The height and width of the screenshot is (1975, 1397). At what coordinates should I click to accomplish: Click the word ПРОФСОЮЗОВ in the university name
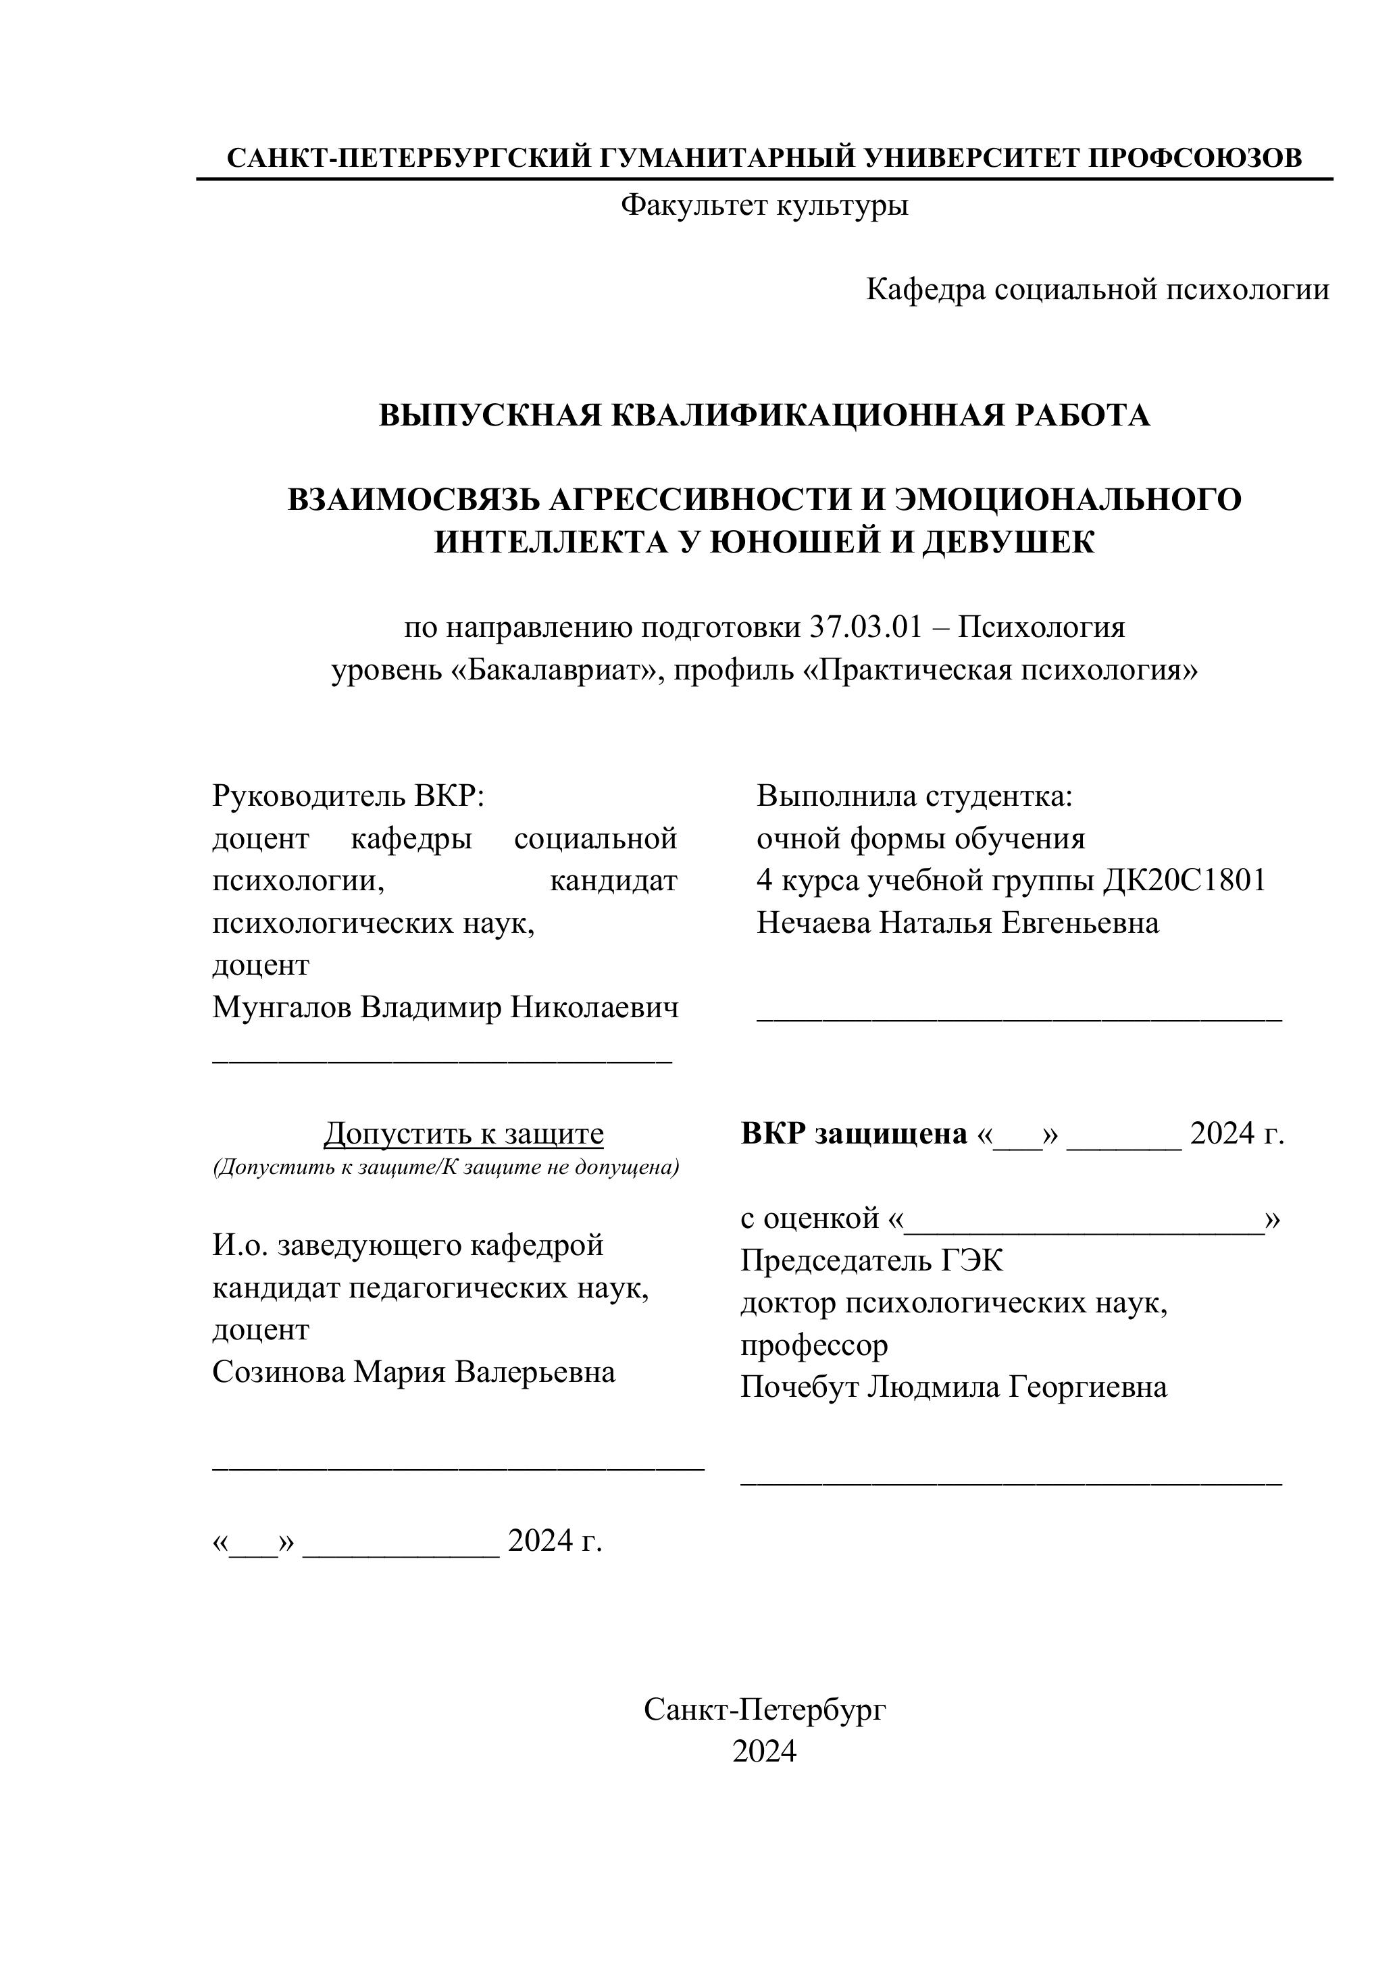coord(1195,157)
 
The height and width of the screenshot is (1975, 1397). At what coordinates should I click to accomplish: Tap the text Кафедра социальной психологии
coord(1097,290)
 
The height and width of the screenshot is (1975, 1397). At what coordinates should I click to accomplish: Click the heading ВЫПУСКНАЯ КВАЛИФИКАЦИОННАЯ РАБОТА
coord(764,415)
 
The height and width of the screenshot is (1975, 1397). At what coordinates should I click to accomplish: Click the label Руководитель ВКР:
coord(349,796)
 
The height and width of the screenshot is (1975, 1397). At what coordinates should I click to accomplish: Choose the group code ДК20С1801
coord(1184,881)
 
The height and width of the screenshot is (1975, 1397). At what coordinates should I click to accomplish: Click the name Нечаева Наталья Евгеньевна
coord(957,923)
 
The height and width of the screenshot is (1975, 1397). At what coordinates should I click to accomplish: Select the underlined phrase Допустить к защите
coord(463,1135)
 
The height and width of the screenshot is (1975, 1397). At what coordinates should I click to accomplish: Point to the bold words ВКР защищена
coord(853,1135)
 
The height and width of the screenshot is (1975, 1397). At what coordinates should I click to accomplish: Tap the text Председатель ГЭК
coord(871,1261)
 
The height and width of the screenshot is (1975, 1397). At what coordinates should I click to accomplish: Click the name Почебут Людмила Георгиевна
coord(953,1387)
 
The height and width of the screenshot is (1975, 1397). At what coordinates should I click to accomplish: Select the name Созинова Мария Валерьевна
coord(414,1372)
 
